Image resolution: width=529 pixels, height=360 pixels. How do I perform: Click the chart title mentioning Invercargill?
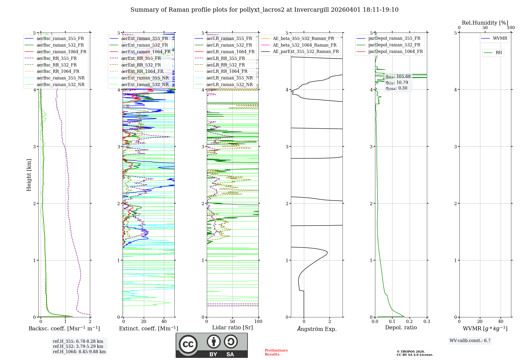[264, 10]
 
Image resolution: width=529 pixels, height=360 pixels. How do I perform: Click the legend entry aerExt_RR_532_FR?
[141, 65]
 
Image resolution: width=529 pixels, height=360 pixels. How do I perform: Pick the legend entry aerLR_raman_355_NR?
[229, 78]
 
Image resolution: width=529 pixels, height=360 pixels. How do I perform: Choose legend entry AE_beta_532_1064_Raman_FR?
[304, 45]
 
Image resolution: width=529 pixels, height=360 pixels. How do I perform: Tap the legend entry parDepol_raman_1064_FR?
[395, 52]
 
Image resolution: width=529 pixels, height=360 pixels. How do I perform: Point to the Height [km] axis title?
[29, 175]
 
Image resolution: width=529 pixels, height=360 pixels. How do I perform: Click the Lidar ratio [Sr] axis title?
[232, 328]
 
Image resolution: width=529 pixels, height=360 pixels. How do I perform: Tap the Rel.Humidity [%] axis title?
[485, 23]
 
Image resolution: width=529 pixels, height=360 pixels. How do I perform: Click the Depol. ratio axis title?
[401, 328]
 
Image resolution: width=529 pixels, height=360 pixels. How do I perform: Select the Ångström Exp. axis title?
[317, 329]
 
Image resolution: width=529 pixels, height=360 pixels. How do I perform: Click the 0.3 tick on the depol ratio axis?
[427, 322]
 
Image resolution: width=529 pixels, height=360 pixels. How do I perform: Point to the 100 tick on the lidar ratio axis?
[258, 322]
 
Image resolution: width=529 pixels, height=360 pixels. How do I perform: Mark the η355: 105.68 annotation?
[398, 77]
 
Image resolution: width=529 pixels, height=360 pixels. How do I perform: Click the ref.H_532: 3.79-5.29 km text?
[78, 346]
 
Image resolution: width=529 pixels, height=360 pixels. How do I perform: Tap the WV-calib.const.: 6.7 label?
[470, 341]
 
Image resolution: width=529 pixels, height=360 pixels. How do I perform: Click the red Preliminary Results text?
[276, 352]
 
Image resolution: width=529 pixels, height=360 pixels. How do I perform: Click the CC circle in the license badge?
[188, 344]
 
